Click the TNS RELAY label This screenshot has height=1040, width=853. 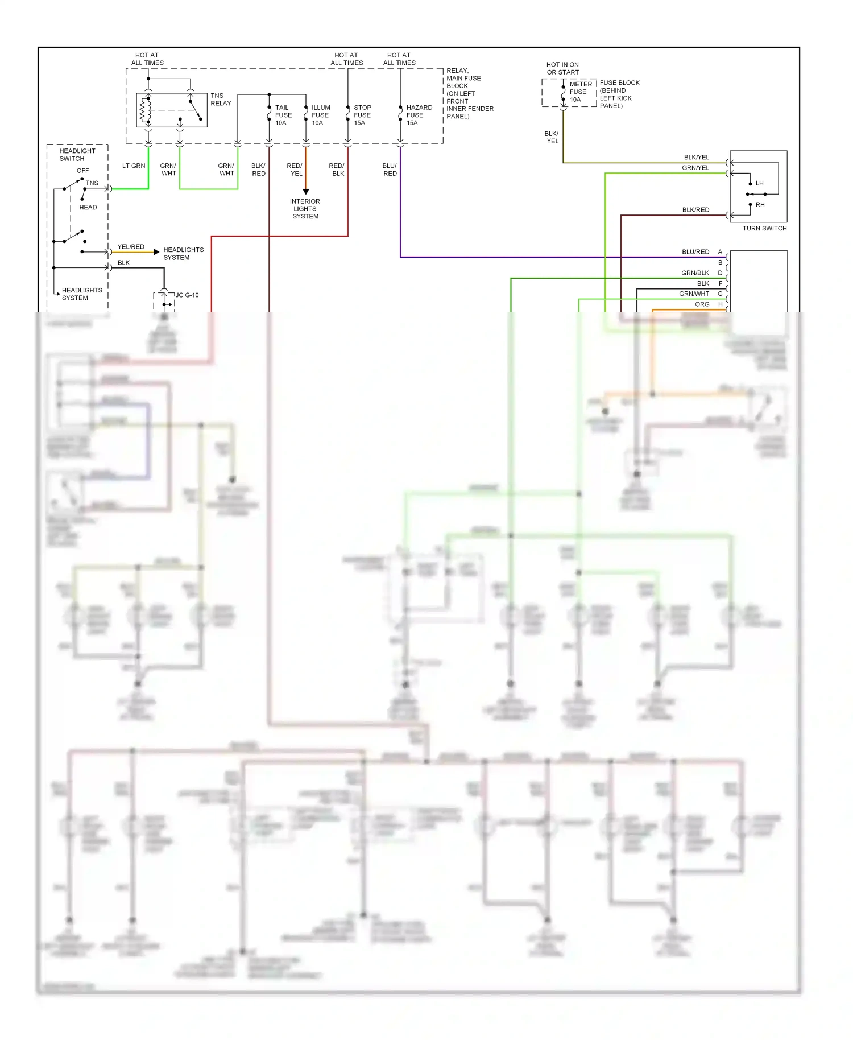[x=221, y=100]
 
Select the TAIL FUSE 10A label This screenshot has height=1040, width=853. [x=283, y=115]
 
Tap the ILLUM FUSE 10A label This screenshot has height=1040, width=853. [x=320, y=115]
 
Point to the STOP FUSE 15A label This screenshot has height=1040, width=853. [x=362, y=115]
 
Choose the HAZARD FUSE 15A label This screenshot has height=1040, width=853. [x=419, y=115]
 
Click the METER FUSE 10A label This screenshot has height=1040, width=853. [x=580, y=92]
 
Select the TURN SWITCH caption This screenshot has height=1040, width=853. [x=764, y=228]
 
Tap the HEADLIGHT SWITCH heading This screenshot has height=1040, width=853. [x=77, y=155]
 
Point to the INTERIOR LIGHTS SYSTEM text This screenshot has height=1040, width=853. [x=305, y=209]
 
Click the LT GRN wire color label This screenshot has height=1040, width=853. [x=134, y=166]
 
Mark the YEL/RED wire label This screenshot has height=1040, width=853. [x=131, y=247]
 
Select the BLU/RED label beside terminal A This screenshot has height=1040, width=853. [x=695, y=252]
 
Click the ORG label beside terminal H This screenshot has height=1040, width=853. [x=702, y=304]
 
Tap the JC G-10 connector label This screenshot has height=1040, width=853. [x=187, y=295]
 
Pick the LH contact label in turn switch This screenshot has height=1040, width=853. [x=759, y=183]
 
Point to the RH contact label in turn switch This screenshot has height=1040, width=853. [x=760, y=205]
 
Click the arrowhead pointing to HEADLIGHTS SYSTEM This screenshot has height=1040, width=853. [x=156, y=252]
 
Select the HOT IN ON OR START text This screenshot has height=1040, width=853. [x=562, y=68]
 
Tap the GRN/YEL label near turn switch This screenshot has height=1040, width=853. [x=695, y=168]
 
